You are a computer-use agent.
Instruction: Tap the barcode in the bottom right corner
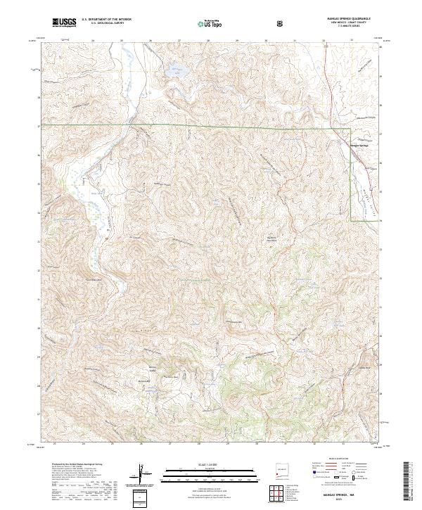point(407,482)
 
